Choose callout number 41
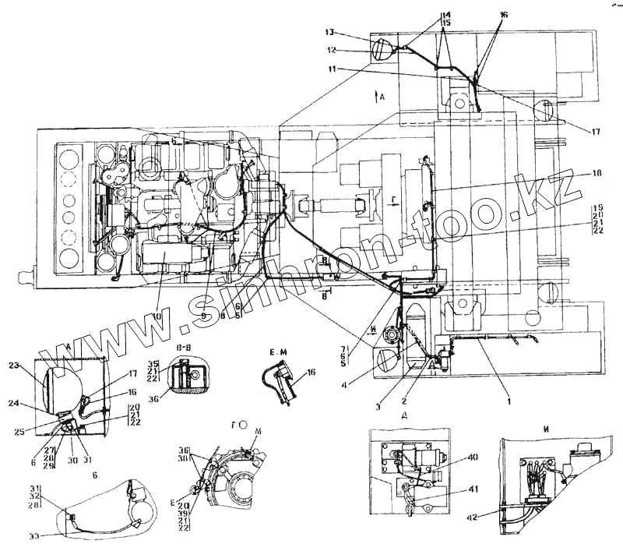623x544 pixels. pos(473,490)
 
